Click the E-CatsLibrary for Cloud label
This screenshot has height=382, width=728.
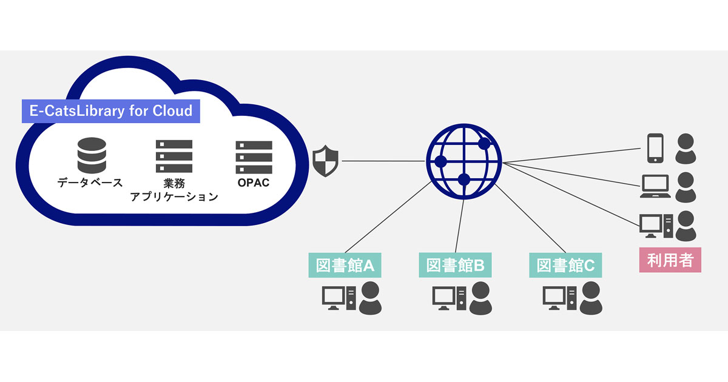[x=111, y=111]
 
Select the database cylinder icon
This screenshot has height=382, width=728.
[x=91, y=155]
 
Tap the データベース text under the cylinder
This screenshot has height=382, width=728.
[x=90, y=182]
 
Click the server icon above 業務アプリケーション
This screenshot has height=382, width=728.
[x=174, y=156]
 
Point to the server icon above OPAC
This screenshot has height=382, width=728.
[x=254, y=156]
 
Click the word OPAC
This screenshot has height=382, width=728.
[x=253, y=183]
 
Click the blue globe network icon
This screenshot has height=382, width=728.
[x=464, y=161]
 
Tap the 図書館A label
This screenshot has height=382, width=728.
[x=343, y=266]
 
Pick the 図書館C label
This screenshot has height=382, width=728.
[x=565, y=266]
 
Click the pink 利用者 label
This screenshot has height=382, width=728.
[x=670, y=261]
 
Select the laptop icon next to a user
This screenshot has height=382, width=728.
[x=656, y=187]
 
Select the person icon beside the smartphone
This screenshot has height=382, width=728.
[x=686, y=149]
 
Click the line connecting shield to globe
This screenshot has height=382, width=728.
[x=382, y=161]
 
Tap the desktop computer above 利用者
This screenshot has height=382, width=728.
[x=656, y=226]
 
